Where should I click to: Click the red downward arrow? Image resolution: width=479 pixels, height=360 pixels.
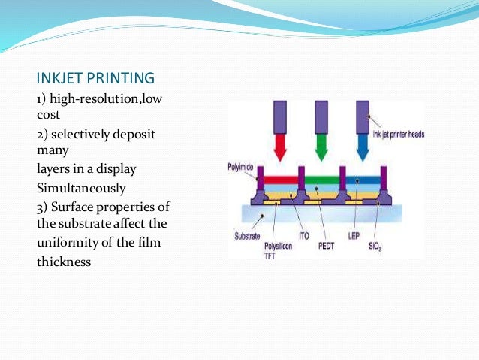pos(281,149)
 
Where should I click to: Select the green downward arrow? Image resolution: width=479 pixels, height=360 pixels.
pos(321,149)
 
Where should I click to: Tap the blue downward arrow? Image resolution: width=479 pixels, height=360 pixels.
pos(363,149)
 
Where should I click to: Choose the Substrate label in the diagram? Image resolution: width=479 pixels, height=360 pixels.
pos(247,235)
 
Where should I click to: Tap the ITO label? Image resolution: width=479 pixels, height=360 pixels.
pos(304,235)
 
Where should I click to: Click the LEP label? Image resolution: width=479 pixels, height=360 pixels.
pos(354,235)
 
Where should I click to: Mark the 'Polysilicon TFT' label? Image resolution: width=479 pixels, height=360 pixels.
pos(277,247)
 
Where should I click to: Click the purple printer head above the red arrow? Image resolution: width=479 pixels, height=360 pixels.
pos(281,117)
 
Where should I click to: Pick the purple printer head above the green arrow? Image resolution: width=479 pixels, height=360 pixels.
pos(321,117)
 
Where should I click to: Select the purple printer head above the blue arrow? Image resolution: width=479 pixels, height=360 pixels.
pos(363,117)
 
